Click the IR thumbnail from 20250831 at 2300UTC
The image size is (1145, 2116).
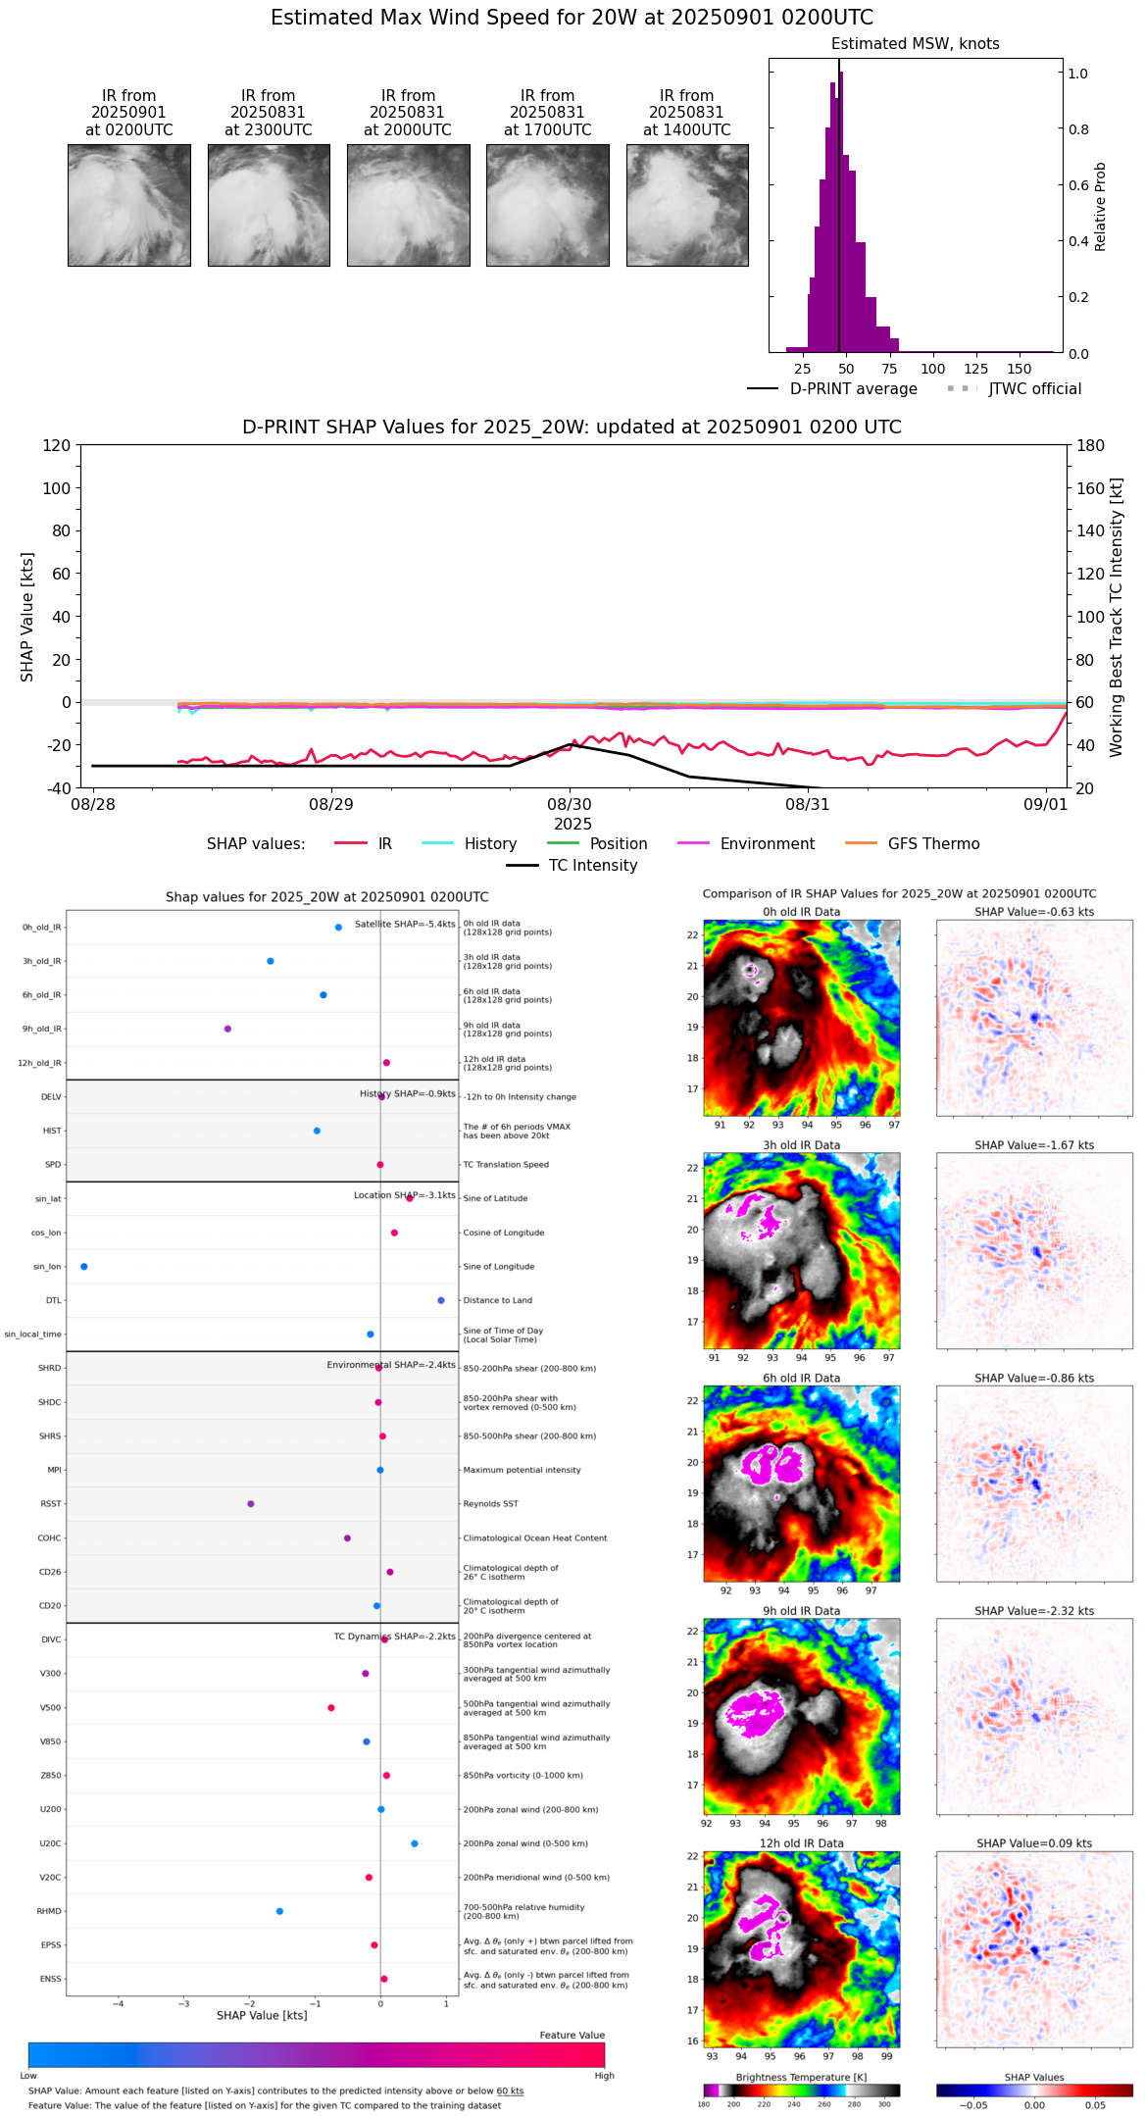[x=269, y=205]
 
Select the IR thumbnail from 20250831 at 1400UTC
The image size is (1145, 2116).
[x=687, y=205]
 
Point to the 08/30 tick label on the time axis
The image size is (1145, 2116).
[x=570, y=805]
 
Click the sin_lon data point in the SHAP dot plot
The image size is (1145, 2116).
[x=84, y=1267]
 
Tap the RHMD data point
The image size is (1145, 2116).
[x=279, y=1911]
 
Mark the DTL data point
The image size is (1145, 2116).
[x=441, y=1300]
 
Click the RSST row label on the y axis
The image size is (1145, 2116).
[x=51, y=1504]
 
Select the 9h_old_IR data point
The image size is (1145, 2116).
[x=227, y=1029]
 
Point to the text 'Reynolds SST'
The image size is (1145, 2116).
[x=491, y=1504]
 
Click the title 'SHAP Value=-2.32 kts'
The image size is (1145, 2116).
[x=1034, y=1611]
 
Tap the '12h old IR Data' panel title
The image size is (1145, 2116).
[x=801, y=1843]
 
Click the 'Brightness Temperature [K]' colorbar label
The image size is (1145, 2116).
[x=801, y=2077]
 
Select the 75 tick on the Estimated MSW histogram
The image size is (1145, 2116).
[x=889, y=369]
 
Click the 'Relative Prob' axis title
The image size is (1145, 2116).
[x=1100, y=207]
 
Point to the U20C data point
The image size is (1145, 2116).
[x=415, y=1843]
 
